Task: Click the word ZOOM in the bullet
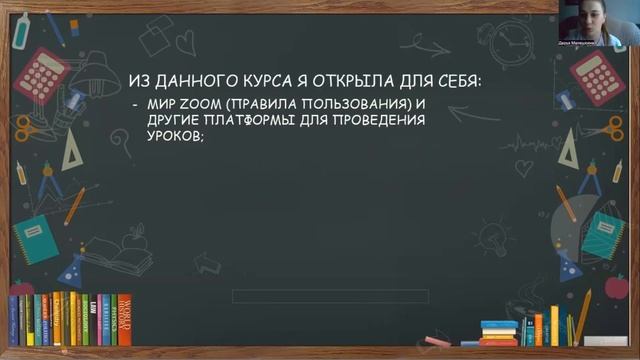tap(188, 105)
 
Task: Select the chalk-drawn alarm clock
tap(516, 41)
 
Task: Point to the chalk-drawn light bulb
tap(492, 238)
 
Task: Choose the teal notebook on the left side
tap(35, 238)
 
